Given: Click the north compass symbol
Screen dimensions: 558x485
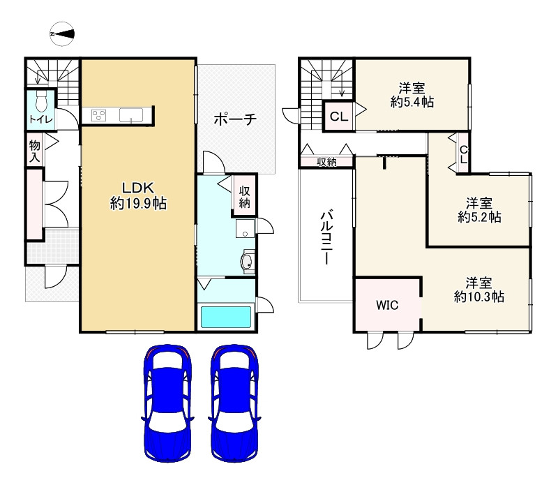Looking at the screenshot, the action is (x=62, y=34).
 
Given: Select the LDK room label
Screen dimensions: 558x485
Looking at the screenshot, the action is (x=138, y=196).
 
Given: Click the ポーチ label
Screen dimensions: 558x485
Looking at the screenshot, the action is (x=235, y=119).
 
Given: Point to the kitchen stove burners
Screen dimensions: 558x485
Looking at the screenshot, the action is (x=98, y=115).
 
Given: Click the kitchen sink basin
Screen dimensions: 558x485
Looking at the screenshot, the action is (x=131, y=115).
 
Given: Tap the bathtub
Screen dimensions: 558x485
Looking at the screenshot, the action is (x=226, y=317).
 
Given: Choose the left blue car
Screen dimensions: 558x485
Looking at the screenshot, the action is (x=167, y=403).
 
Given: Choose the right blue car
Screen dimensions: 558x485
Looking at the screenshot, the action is (x=234, y=403).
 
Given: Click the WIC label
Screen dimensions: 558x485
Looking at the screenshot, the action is (x=387, y=305).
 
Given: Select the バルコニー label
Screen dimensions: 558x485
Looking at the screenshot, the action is (x=326, y=237).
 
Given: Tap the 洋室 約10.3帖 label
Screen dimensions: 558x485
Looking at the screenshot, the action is (x=479, y=290).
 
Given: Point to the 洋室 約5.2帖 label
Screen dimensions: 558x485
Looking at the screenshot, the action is (x=479, y=210).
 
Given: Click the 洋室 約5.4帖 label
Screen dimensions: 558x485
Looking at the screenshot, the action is (x=412, y=95).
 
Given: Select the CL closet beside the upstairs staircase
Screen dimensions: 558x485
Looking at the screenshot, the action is (x=338, y=116).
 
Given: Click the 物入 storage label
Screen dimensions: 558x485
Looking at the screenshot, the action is (x=34, y=151).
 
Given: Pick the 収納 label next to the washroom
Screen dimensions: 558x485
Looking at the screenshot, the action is (x=244, y=197).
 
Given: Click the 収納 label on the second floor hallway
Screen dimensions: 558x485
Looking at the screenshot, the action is (x=326, y=162).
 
